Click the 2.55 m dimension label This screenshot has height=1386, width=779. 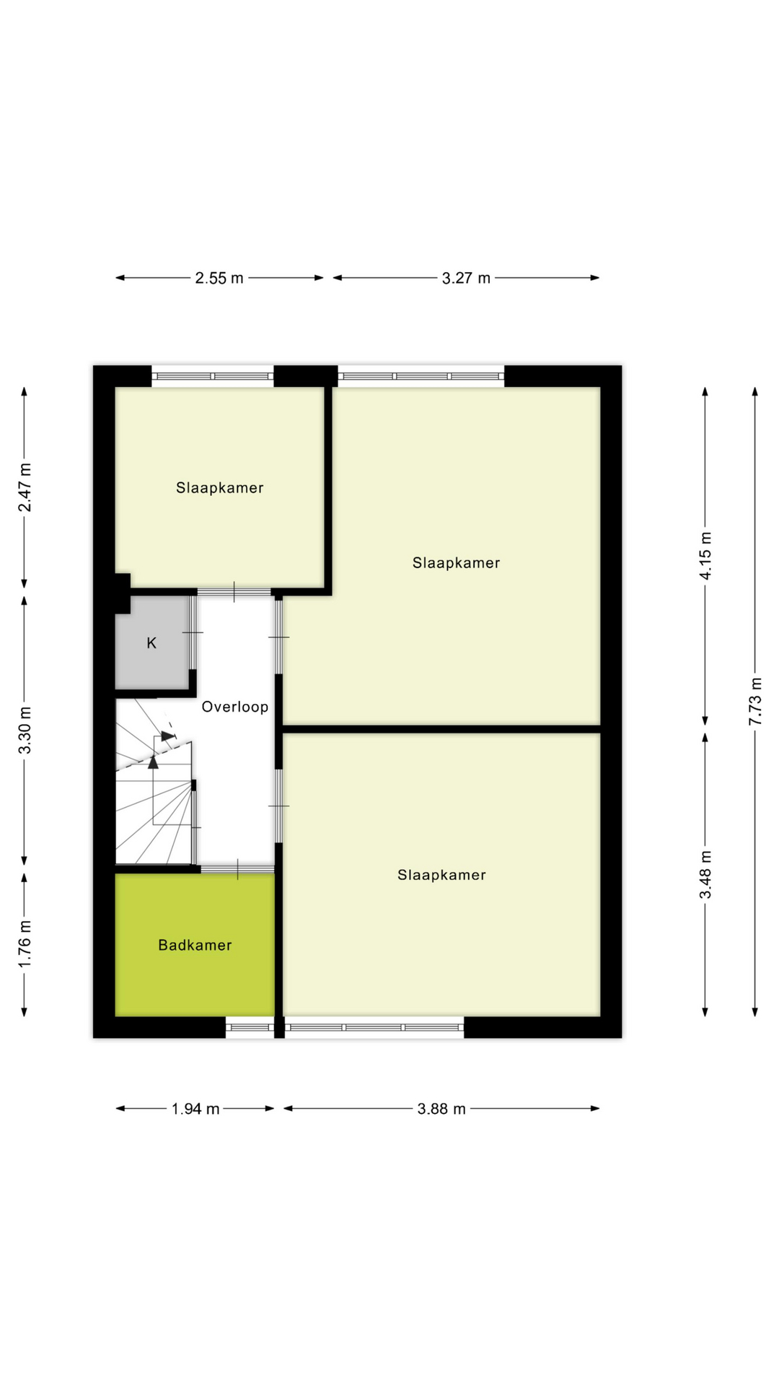tap(219, 278)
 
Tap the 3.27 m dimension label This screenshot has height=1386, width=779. tap(466, 278)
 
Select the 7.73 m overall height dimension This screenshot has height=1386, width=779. tap(755, 702)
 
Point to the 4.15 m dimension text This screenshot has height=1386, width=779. tap(705, 556)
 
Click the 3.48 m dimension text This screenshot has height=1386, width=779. tap(705, 874)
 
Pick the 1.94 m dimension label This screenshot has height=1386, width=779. tap(195, 1109)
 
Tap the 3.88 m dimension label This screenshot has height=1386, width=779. tap(441, 1109)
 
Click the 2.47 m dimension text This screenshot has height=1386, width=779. tap(25, 487)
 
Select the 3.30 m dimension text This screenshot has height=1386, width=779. tap(25, 729)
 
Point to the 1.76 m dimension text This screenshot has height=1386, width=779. tap(25, 943)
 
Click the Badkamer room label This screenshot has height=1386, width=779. tap(195, 945)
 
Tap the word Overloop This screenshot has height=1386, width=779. tap(235, 707)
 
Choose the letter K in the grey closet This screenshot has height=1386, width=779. tap(151, 642)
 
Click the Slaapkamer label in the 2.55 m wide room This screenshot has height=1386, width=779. tap(220, 488)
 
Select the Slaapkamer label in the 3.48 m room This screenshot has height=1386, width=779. tap(441, 875)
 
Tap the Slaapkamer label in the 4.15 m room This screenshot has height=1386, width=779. tap(456, 563)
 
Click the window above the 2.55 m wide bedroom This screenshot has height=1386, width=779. tap(213, 376)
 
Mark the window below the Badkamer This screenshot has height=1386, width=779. tap(250, 1027)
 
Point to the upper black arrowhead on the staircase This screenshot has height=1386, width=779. tap(167, 736)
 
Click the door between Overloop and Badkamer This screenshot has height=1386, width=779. tap(237, 870)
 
